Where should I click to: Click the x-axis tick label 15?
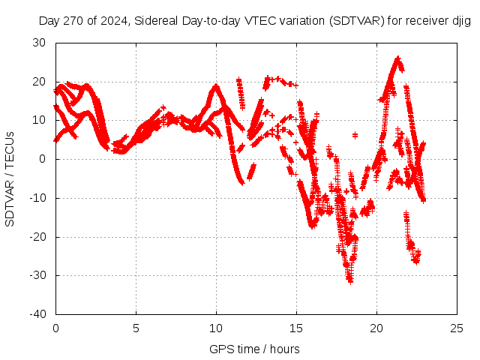click(x=296, y=328)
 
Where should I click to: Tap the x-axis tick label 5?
click(x=136, y=328)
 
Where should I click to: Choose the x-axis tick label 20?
click(x=376, y=328)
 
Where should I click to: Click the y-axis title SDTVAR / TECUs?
click(x=10, y=178)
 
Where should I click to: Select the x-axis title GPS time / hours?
click(x=254, y=349)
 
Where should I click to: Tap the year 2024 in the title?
click(x=114, y=22)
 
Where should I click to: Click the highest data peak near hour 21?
click(x=397, y=58)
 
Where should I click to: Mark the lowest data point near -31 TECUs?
click(x=349, y=280)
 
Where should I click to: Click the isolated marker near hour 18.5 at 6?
click(x=355, y=135)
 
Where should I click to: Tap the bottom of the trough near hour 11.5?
click(x=241, y=182)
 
